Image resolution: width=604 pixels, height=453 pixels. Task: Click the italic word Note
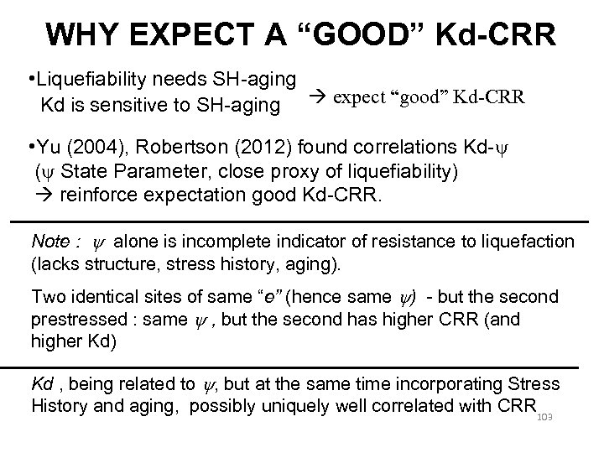pos(50,242)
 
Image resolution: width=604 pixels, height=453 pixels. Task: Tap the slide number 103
pos(546,414)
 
